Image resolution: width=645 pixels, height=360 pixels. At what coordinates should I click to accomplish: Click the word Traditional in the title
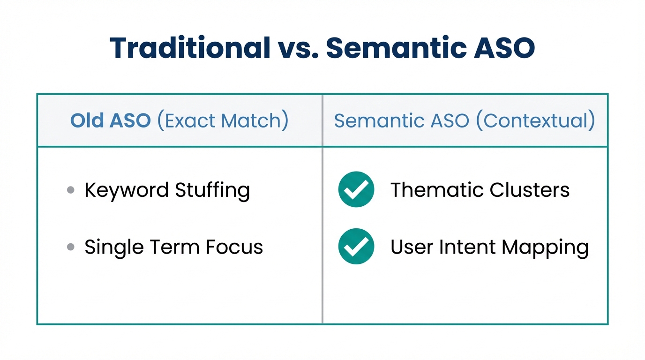pos(190,48)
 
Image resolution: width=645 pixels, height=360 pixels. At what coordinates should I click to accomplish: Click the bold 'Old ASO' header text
pos(111,121)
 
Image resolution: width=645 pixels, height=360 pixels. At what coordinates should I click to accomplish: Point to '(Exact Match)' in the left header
pos(222,121)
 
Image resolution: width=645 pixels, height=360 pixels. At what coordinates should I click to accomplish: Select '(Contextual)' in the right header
pos(535,121)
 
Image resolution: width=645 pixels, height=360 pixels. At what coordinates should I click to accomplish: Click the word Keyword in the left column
pos(126,190)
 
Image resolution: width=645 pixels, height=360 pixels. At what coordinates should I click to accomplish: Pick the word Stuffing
pos(212,191)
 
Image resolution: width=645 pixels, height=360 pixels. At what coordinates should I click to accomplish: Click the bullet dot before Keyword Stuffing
pos(71,190)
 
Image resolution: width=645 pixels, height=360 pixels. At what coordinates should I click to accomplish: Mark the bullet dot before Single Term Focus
pos(71,247)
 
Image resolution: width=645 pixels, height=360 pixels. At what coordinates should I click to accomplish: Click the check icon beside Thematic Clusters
pos(356,189)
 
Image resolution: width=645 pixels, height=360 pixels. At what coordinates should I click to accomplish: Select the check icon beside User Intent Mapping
pos(356,246)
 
